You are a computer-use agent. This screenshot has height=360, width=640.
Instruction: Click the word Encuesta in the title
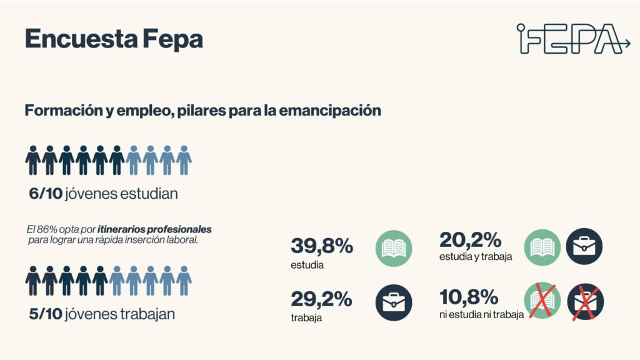tap(71, 39)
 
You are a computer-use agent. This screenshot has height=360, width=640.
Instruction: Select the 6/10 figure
tap(46, 194)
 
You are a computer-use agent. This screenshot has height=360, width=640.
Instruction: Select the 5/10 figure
tap(46, 314)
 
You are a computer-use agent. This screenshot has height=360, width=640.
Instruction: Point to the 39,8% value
tap(322, 246)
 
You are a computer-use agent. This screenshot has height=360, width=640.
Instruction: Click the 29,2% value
tap(321, 299)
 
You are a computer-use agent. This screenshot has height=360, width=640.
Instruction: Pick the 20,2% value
tap(470, 239)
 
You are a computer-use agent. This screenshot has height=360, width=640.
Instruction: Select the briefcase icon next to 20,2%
tap(584, 246)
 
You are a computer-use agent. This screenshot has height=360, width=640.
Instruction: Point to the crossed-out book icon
tap(542, 301)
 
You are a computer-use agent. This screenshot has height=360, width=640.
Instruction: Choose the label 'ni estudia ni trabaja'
tap(481, 314)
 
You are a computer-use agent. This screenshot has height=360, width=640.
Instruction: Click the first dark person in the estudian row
tap(33, 160)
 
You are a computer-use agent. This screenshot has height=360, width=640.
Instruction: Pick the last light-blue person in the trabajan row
tap(184, 280)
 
